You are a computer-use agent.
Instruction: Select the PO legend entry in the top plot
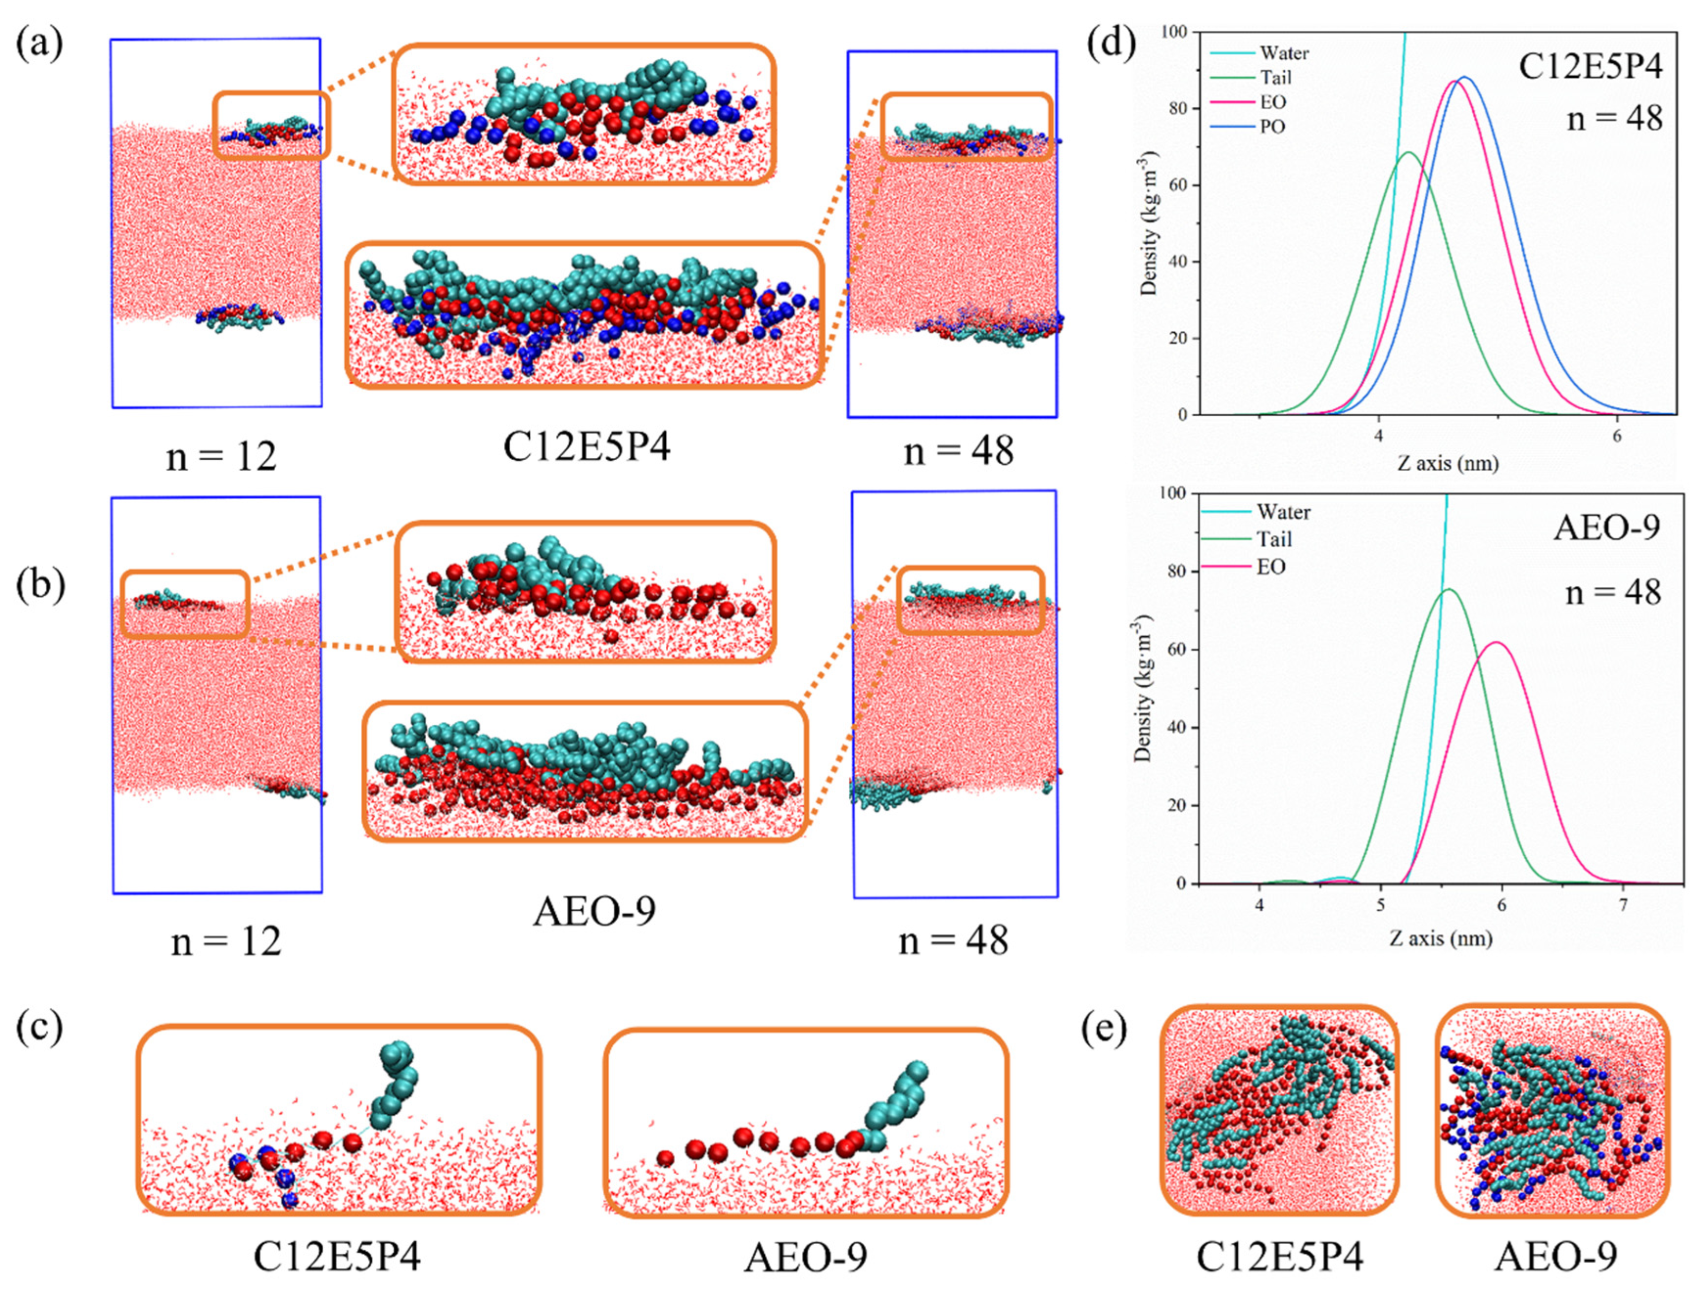(x=1272, y=127)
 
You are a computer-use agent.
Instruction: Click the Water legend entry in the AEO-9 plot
(x=1283, y=512)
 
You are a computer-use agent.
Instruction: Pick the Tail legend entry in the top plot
(x=1275, y=78)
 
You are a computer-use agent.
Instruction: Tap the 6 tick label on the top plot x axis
(x=1616, y=435)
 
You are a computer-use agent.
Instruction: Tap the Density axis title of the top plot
(x=1149, y=223)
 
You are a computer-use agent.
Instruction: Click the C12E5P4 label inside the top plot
(x=1591, y=69)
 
